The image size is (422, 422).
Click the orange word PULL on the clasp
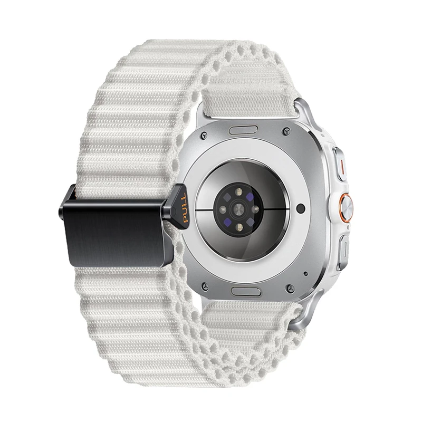pyautogui.click(x=184, y=207)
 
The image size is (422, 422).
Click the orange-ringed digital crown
pyautogui.click(x=346, y=207)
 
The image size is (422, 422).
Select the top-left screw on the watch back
pyautogui.click(x=205, y=135)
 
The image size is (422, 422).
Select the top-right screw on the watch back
pyautogui.click(x=286, y=131)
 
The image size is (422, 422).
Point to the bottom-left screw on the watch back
pyautogui.click(x=205, y=286)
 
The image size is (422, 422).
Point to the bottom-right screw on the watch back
pyautogui.click(x=290, y=288)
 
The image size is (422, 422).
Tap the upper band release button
pyautogui.click(x=243, y=130)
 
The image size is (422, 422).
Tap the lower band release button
pyautogui.click(x=246, y=292)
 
